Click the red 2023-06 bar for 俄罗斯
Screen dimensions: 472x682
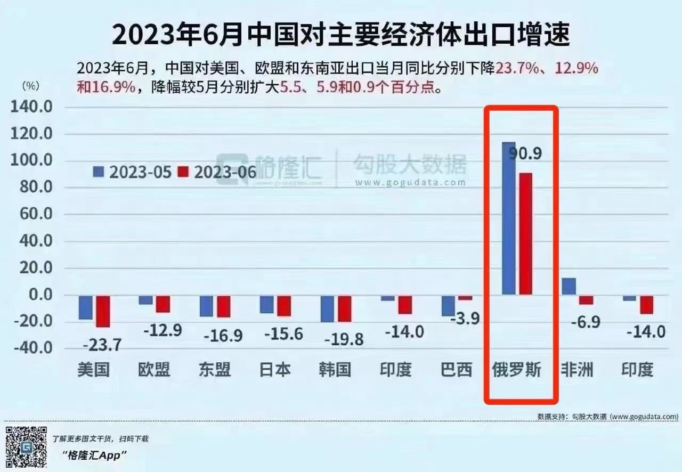tap(526, 233)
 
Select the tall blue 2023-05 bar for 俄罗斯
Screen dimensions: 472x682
tap(509, 218)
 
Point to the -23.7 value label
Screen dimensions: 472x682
tap(102, 345)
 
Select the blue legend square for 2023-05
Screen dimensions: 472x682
tap(99, 172)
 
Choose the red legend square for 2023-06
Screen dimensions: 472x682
tap(183, 172)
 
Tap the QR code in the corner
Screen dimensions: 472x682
tap(26, 447)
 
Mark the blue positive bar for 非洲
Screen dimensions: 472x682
tap(569, 286)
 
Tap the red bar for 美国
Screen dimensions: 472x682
tap(103, 311)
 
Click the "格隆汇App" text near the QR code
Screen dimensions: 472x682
tap(95, 455)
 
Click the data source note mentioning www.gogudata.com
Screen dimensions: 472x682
tap(607, 417)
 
